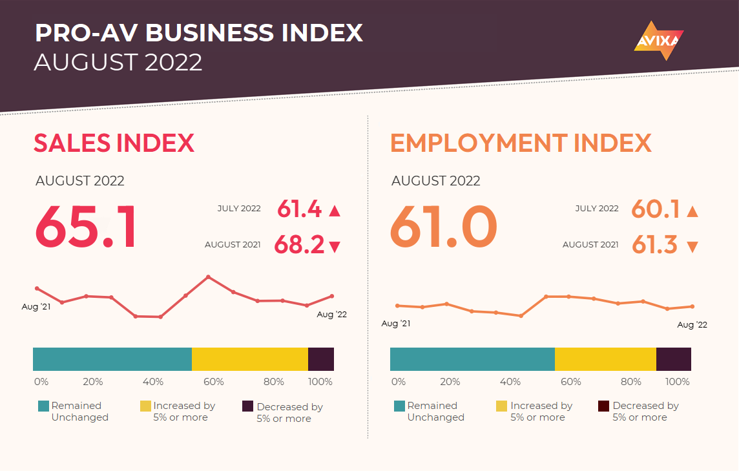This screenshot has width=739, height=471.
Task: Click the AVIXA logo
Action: [x=658, y=41]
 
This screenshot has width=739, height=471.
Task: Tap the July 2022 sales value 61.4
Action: [x=299, y=209]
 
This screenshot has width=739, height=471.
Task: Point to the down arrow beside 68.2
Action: [x=334, y=246]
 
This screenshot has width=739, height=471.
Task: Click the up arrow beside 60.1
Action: [x=692, y=211]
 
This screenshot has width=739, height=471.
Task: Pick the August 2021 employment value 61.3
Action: [x=654, y=246]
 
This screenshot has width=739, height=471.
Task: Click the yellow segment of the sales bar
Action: [x=250, y=359]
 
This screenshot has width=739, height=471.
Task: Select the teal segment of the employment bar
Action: [x=472, y=359]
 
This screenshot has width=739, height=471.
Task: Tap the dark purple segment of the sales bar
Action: [x=321, y=359]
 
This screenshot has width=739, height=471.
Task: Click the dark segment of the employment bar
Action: [x=673, y=359]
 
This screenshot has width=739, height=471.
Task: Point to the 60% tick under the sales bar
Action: [x=214, y=382]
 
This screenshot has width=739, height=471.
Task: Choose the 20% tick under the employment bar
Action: [x=450, y=382]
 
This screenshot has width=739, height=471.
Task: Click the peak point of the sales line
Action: [x=208, y=277]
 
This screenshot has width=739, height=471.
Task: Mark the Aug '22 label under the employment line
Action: [x=692, y=325]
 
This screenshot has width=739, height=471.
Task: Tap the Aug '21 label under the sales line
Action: [x=36, y=307]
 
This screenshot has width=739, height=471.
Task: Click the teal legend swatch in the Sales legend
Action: [x=43, y=406]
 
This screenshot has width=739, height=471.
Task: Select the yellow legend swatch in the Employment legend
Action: [x=501, y=406]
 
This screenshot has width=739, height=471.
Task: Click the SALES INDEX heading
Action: [x=114, y=143]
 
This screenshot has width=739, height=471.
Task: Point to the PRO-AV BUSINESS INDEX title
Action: [x=198, y=33]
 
